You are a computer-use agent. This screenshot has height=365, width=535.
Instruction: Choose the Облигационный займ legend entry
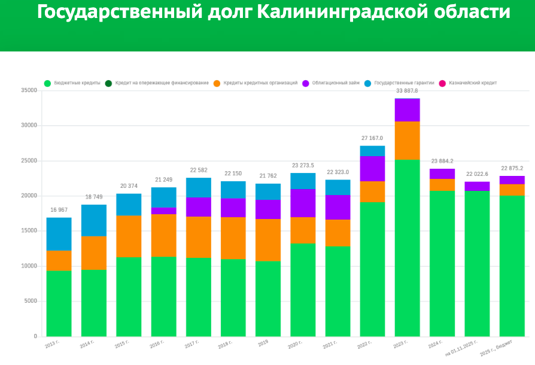coord(335,83)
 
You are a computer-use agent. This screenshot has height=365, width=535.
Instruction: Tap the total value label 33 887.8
coord(407,91)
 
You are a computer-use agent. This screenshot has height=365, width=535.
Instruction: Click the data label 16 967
coord(59,210)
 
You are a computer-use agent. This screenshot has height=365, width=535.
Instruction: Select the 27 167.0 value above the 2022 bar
coord(372,138)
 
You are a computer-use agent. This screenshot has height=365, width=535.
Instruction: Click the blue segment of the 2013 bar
coord(59,234)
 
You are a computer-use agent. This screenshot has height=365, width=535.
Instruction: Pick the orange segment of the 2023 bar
coord(407,141)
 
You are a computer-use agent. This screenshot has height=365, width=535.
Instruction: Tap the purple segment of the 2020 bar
coord(303,203)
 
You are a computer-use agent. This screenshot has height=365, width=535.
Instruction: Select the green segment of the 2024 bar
coord(442,263)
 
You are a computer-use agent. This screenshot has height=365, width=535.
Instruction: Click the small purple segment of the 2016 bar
coord(163,211)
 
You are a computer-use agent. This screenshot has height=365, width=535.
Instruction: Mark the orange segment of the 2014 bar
coord(93,253)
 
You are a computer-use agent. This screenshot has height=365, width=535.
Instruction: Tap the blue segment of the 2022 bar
coord(372,151)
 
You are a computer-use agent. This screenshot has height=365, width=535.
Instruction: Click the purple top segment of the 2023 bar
coord(407,110)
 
